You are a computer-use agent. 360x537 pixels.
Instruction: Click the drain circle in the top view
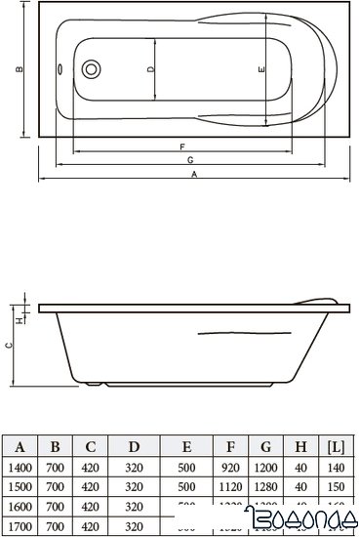(94, 69)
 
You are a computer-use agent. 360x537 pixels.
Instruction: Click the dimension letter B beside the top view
(20, 69)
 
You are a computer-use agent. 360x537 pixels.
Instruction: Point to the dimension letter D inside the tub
(150, 69)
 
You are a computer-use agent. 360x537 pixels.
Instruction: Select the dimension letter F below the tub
(182, 145)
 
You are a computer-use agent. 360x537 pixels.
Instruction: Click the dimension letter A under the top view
(195, 174)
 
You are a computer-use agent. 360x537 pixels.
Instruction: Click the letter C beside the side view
(9, 345)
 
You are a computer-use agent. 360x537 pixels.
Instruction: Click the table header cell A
(19, 448)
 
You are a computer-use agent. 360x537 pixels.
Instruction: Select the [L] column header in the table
(336, 448)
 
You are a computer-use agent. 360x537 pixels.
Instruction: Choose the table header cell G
(266, 448)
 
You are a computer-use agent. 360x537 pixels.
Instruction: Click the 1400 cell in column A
(19, 468)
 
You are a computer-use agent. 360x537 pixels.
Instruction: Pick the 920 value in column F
(230, 468)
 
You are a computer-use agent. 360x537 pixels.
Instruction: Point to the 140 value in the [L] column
(336, 468)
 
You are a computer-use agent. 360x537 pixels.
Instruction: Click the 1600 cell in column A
(19, 506)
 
